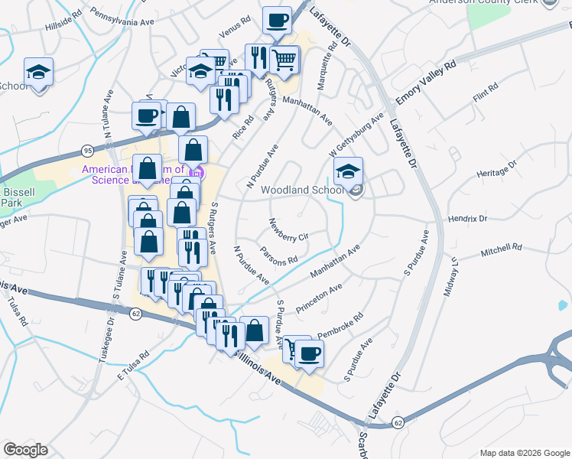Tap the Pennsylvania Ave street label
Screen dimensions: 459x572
click(x=122, y=18)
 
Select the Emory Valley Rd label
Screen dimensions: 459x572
click(x=426, y=83)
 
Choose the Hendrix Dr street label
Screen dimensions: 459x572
click(x=467, y=219)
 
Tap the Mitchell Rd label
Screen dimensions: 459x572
click(x=501, y=249)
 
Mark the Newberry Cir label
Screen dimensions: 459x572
click(x=288, y=230)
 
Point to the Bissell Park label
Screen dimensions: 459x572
click(x=13, y=197)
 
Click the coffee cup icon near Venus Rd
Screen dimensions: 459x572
click(x=277, y=20)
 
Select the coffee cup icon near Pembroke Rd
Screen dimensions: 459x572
click(x=309, y=353)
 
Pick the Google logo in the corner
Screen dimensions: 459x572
click(x=25, y=450)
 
